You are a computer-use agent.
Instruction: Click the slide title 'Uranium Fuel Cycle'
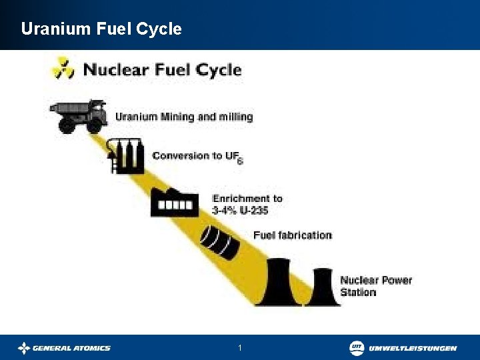click(101, 29)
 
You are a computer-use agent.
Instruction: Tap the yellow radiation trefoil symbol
click(64, 67)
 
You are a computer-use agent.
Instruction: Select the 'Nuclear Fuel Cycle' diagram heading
click(162, 69)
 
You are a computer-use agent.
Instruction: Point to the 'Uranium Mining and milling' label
click(184, 117)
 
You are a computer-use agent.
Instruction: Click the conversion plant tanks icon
click(127, 157)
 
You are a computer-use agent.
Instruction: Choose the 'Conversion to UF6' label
click(197, 157)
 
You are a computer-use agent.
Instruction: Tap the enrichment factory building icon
click(175, 201)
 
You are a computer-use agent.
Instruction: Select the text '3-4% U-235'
click(240, 210)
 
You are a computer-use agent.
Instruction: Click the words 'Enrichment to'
click(247, 198)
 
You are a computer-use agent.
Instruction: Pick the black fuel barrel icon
click(219, 243)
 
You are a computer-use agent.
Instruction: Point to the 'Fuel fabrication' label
click(292, 235)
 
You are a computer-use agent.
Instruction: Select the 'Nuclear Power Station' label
click(376, 286)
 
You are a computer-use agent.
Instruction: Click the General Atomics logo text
click(72, 348)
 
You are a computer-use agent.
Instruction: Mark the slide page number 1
click(240, 348)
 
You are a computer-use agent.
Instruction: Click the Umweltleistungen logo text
click(413, 348)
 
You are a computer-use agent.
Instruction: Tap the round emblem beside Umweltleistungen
click(357, 347)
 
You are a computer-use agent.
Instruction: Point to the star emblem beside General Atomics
click(25, 348)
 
